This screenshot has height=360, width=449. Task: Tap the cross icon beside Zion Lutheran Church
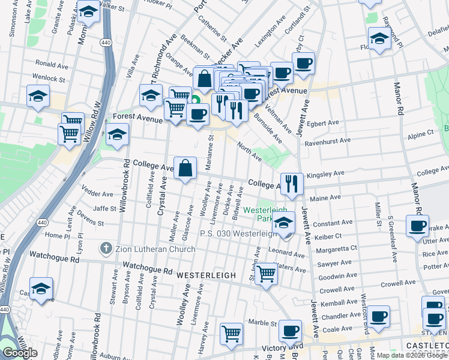[x=106, y=248]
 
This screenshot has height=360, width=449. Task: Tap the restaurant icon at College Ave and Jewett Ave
[x=292, y=184]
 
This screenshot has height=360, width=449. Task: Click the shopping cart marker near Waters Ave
[x=266, y=274]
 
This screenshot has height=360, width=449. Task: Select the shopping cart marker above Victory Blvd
[x=231, y=334]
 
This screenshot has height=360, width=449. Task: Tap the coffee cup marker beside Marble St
[x=291, y=330]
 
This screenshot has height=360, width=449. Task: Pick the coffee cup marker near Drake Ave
[x=417, y=226]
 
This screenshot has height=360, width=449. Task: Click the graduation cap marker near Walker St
[x=88, y=12]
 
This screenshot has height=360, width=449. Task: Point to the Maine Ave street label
[x=327, y=197]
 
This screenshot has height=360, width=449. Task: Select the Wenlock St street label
[x=49, y=79]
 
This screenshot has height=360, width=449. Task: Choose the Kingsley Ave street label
[x=325, y=174]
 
